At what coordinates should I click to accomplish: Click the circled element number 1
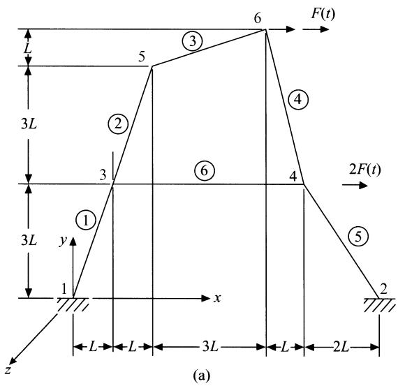(x=86, y=220)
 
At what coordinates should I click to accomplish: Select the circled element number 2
(x=118, y=124)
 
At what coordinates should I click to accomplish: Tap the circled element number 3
(x=193, y=41)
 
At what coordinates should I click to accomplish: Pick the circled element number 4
(x=298, y=99)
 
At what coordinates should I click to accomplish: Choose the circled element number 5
(x=358, y=237)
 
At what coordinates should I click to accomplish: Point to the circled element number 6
(x=205, y=170)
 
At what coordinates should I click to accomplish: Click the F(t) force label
(x=323, y=14)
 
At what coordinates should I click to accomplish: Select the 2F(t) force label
(x=365, y=170)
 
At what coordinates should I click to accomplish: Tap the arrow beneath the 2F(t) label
(x=355, y=185)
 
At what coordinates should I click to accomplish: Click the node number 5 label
(x=142, y=57)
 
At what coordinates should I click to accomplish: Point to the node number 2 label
(x=383, y=289)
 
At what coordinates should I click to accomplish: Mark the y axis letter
(x=63, y=240)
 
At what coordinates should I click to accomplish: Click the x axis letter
(x=217, y=299)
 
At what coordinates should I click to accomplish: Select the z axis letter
(x=8, y=370)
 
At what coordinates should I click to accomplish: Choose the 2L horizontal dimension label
(x=341, y=347)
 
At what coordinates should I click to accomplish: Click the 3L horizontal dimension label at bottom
(x=210, y=347)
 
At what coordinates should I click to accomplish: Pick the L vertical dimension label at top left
(x=28, y=48)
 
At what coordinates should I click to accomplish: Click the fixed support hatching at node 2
(x=379, y=305)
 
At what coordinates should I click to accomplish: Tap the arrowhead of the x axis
(x=205, y=298)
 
